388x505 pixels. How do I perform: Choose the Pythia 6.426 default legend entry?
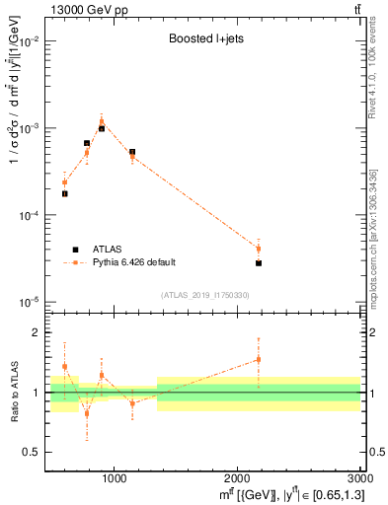tap(134, 262)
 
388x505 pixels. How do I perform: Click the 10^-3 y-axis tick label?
tap(31, 128)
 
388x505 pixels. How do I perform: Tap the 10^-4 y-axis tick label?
tap(31, 215)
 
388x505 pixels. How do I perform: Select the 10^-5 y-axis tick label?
tap(31, 302)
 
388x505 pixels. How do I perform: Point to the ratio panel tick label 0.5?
tap(35, 452)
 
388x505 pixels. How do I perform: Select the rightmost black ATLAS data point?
tap(259, 263)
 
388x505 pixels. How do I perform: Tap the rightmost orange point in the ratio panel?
tap(259, 359)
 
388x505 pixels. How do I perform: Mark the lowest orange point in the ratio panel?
tap(87, 413)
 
